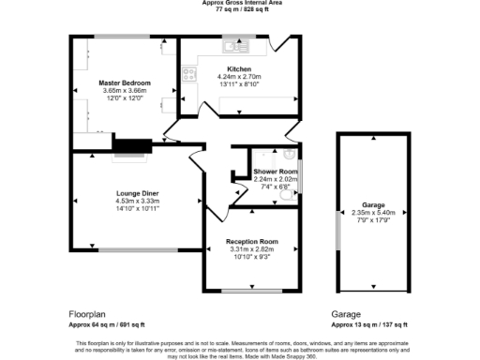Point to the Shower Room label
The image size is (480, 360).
(275, 172)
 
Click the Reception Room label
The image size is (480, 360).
(252, 241)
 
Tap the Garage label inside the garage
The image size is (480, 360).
(372, 203)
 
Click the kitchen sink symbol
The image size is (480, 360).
(231, 45)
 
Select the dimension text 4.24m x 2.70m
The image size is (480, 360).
(239, 76)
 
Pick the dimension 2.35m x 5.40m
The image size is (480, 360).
(372, 212)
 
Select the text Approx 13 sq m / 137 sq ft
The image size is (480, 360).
(369, 324)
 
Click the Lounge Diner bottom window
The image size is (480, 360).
(133, 249)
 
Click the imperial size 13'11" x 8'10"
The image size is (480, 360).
(239, 83)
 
